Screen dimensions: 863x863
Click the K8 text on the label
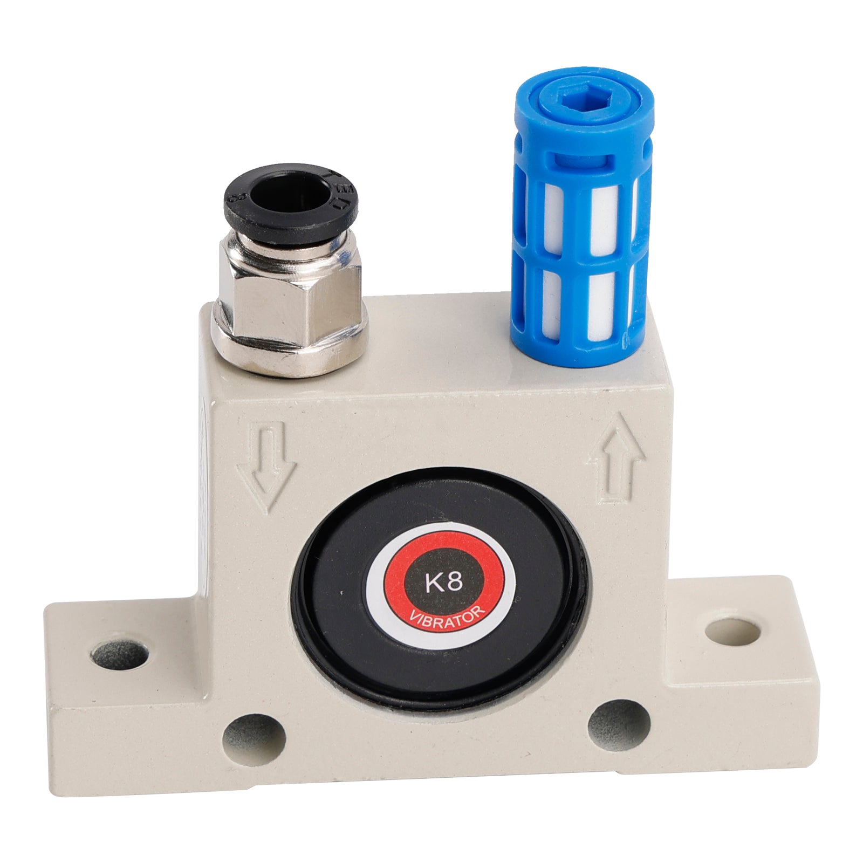pyautogui.click(x=443, y=584)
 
